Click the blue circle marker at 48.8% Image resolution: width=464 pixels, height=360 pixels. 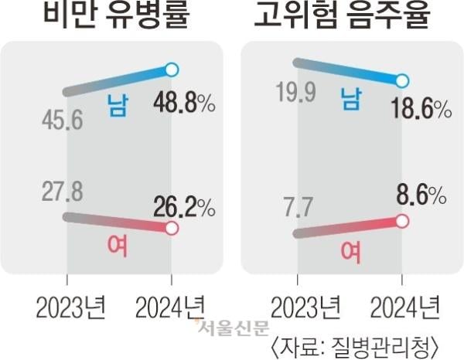click(172, 70)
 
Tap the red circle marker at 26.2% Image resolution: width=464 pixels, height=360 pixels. click(172, 229)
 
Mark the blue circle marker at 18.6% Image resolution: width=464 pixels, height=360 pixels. click(401, 80)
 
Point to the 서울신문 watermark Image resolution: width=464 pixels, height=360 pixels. click(229, 328)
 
